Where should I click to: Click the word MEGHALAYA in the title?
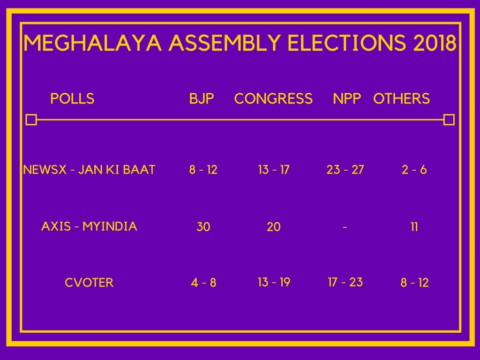93,43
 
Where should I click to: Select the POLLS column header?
72,98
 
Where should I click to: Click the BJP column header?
202,98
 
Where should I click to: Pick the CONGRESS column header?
273,98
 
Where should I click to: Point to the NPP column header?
347,98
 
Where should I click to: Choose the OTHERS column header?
402,98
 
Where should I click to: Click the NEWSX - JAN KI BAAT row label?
89,170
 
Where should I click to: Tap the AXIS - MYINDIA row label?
89,226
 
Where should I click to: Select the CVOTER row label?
89,283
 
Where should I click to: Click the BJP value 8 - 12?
203,170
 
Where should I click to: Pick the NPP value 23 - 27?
345,170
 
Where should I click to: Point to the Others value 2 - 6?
414,170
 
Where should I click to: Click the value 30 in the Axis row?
203,227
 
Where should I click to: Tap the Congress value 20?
274,227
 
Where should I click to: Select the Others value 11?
414,227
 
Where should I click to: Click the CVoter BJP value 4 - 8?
203,283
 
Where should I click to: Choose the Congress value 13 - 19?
274,282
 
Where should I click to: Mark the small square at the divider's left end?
31,120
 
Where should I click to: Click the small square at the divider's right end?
449,120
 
